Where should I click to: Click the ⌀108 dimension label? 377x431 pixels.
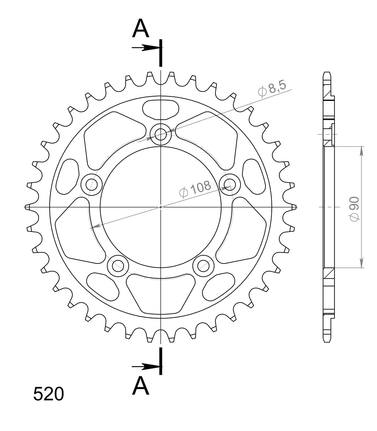[195, 189]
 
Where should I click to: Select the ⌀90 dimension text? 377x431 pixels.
[354, 208]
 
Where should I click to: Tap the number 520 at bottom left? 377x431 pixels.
[49, 394]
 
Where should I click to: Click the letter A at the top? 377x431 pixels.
[141, 29]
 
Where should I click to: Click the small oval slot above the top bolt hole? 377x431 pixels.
[161, 109]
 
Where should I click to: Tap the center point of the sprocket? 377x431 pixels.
[161, 207]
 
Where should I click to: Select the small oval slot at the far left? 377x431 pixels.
[68, 176]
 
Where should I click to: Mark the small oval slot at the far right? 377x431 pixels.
[254, 176]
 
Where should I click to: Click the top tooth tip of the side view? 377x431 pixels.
[327, 74]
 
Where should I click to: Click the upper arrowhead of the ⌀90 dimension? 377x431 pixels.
[361, 151]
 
